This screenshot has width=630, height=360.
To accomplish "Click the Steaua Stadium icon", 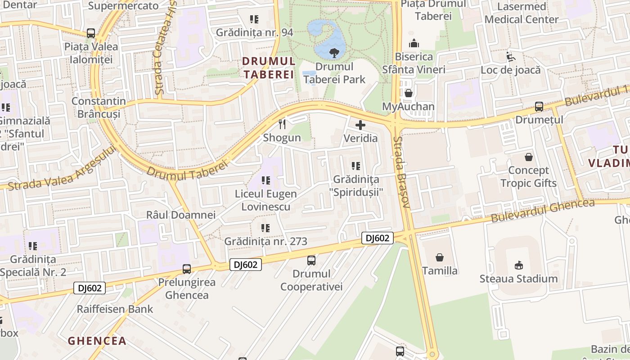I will pos(518,265).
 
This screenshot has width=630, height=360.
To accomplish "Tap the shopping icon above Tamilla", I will pos(440,257).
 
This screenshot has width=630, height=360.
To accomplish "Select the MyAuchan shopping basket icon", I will pos(409,93).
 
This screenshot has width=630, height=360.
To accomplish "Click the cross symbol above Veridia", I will pos(360,125).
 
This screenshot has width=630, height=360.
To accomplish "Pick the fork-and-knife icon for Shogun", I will pos(282,124).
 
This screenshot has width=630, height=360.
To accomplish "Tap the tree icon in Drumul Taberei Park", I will pos(334,53).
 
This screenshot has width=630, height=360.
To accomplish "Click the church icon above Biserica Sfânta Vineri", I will pos(414,44).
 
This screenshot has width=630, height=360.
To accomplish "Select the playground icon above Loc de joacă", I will pos(510,57).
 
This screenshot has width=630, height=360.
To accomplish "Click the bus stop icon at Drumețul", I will pos(539,107).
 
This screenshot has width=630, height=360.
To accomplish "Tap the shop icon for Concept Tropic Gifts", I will pos(529,157).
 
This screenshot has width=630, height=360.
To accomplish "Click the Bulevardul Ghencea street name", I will pos(543,211).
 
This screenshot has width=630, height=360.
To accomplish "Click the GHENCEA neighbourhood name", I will pos(97,341).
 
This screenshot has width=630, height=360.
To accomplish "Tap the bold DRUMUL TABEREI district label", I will pos(269,67).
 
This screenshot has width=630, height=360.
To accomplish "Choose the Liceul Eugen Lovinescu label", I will pos(266,200).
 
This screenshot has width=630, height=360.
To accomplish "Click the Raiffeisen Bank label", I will pos(115,309).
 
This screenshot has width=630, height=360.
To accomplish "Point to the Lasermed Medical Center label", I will pos(521,13).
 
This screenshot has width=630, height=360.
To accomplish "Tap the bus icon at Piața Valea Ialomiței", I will pos(91,33).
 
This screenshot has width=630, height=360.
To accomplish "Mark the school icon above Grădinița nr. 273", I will pos(265,228).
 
